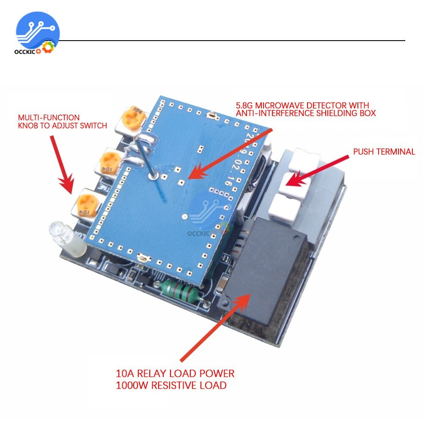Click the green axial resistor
pyautogui.click(x=178, y=291)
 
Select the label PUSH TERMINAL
pyautogui.click(x=384, y=152)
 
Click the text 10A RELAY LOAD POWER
pyautogui.click(x=175, y=374)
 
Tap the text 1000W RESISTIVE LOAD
pyautogui.click(x=171, y=385)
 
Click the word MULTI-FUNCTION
pyautogui.click(x=48, y=117)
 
